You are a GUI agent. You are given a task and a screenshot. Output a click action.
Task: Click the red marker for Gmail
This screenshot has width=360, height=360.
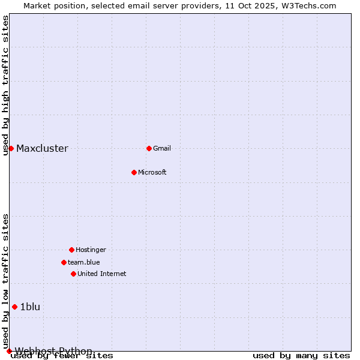[x=149, y=148]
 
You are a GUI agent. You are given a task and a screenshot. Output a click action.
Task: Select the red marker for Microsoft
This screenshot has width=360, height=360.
[x=134, y=172]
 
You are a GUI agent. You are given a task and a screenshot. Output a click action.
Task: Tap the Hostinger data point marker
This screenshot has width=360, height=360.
[x=71, y=250]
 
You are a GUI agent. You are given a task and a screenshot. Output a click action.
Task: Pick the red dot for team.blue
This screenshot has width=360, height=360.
[x=64, y=262]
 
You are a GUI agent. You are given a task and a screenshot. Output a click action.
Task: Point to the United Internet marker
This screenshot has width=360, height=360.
[x=73, y=274]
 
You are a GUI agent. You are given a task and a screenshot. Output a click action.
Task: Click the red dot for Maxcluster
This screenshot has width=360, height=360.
[x=11, y=148]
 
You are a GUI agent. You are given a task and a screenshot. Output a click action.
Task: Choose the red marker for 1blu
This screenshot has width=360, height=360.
[x=14, y=307]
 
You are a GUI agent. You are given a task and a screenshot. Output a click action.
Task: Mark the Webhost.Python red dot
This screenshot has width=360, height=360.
[x=9, y=351]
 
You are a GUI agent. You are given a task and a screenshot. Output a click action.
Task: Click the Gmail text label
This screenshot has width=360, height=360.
[x=162, y=149]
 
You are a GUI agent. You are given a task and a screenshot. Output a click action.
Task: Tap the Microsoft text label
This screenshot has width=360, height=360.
[x=152, y=173]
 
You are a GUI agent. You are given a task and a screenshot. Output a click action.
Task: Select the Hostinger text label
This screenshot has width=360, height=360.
[x=91, y=250]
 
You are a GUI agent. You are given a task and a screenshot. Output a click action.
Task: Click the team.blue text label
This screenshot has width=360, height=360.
[x=84, y=262]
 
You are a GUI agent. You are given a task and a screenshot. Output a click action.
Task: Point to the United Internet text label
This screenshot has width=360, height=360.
[x=102, y=274]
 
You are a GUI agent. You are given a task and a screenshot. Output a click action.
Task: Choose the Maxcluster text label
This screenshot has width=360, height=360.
[x=42, y=149]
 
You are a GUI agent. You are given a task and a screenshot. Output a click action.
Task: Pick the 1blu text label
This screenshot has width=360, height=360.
[x=30, y=307]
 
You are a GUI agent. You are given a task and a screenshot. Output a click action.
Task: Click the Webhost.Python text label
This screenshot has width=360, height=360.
[x=53, y=351]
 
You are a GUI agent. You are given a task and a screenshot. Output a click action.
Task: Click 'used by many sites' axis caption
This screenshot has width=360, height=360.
[x=301, y=356]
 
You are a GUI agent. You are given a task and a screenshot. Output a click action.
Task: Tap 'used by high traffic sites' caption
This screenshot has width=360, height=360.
[x=6, y=85]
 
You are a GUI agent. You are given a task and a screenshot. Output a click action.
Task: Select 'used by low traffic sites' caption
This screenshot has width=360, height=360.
[x=6, y=281]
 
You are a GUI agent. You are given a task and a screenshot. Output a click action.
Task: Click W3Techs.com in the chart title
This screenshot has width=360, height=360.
[x=307, y=5]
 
